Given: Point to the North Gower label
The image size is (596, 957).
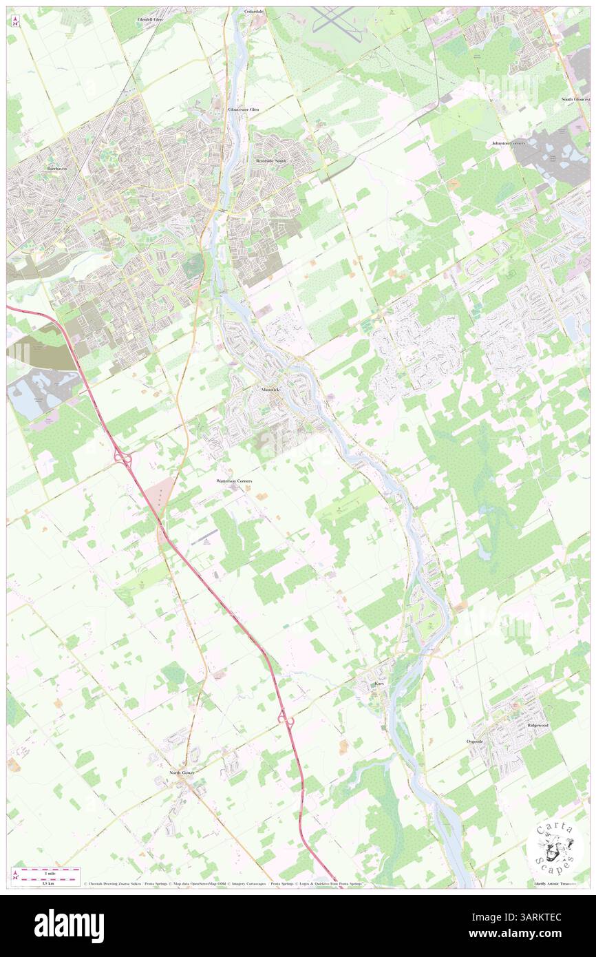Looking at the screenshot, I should click(183, 773).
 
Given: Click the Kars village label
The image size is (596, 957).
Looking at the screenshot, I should click(378, 684).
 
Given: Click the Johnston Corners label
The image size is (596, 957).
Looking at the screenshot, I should click(508, 143).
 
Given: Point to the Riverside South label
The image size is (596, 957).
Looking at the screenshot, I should click(270, 160).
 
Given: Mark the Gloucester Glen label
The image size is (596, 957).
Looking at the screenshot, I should click(244, 109).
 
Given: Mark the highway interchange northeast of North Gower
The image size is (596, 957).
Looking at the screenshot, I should click(286, 719).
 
